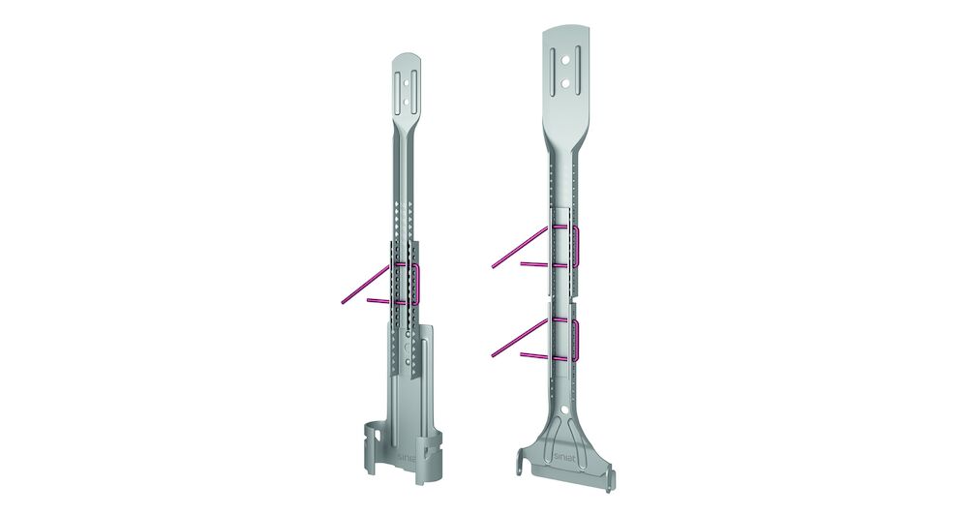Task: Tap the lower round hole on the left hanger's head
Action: click(406, 97)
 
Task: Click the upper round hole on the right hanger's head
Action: click(565, 61)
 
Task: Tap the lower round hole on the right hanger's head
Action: click(565, 82)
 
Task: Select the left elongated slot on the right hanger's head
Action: click(553, 71)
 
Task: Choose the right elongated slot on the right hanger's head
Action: click(577, 71)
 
